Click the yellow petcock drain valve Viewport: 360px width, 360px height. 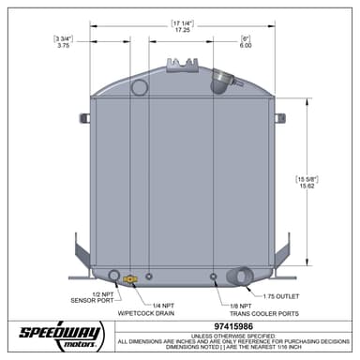click(x=130, y=278)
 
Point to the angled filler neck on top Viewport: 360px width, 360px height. click(x=222, y=82)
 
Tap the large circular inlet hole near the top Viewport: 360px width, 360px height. click(x=140, y=88)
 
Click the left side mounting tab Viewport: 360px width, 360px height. click(x=84, y=118)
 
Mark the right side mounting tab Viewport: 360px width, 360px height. click(x=279, y=118)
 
